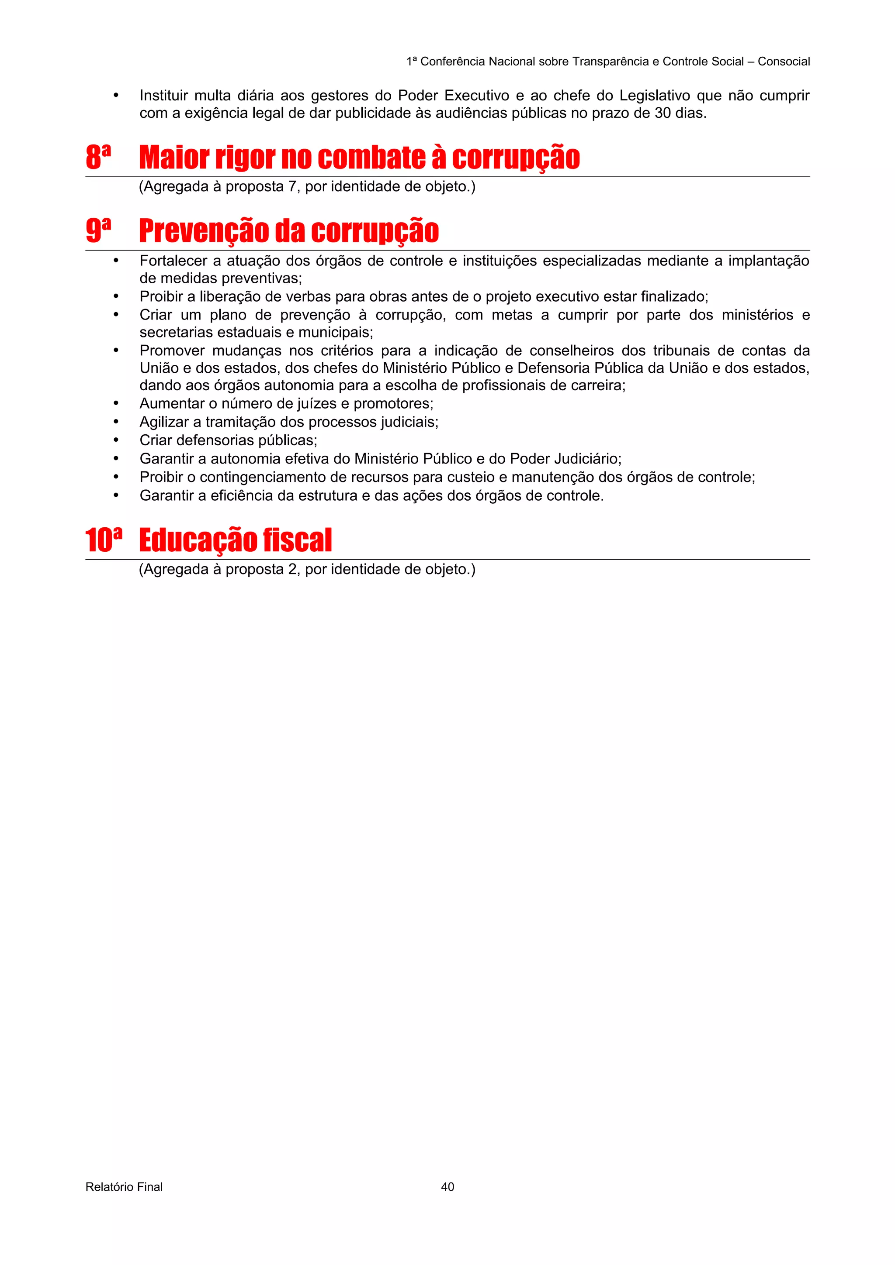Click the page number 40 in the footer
[447, 1186]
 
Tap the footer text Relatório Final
[124, 1186]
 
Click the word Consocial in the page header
[784, 62]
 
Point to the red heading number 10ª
[103, 540]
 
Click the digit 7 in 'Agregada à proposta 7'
[293, 187]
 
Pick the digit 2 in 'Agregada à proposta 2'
[293, 569]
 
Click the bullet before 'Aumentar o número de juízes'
[116, 403]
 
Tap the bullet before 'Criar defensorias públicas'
[116, 440]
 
